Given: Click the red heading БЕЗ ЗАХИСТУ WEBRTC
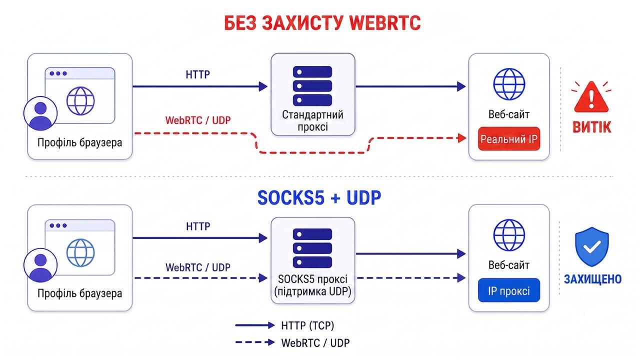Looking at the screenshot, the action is click(322, 23).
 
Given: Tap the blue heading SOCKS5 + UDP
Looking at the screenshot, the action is click(319, 197).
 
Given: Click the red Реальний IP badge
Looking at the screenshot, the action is click(509, 139).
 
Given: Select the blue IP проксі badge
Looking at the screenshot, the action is click(509, 290).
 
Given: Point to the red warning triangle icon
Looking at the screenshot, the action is click(591, 97).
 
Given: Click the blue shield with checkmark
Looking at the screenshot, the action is click(591, 247).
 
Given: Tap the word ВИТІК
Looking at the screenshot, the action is click(591, 127).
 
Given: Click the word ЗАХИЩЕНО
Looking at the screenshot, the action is click(592, 279).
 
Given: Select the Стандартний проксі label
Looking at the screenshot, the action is click(312, 121).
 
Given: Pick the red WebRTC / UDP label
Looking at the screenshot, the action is click(197, 120).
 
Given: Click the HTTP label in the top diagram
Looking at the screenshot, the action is click(197, 74).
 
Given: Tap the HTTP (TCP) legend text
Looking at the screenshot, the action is click(307, 325).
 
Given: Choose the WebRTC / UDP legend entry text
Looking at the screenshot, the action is click(315, 343).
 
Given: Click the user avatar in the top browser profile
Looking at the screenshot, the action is click(40, 113).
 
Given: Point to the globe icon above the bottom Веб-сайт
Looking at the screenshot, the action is click(509, 235).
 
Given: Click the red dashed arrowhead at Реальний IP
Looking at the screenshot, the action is click(462, 138).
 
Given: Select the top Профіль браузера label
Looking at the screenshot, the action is click(79, 142).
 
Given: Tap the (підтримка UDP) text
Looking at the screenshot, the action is click(312, 291).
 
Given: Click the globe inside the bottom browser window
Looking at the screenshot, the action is click(80, 252).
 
